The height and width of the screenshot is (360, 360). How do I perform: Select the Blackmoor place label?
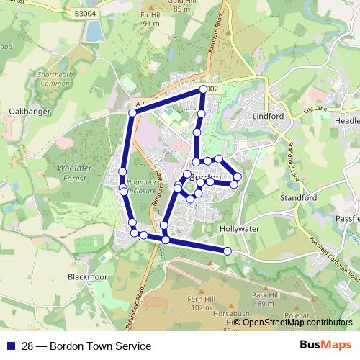pyautogui.click(x=86, y=276)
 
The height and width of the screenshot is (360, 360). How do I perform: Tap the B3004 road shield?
pyautogui.click(x=84, y=13)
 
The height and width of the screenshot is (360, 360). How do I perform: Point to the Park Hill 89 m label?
pyautogui.click(x=265, y=300)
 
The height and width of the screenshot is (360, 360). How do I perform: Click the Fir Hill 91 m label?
pyautogui.click(x=151, y=19)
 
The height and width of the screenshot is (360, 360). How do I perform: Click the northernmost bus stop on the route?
pyautogui.click(x=203, y=89)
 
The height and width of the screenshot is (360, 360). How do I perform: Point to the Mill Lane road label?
pyautogui.click(x=315, y=109)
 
